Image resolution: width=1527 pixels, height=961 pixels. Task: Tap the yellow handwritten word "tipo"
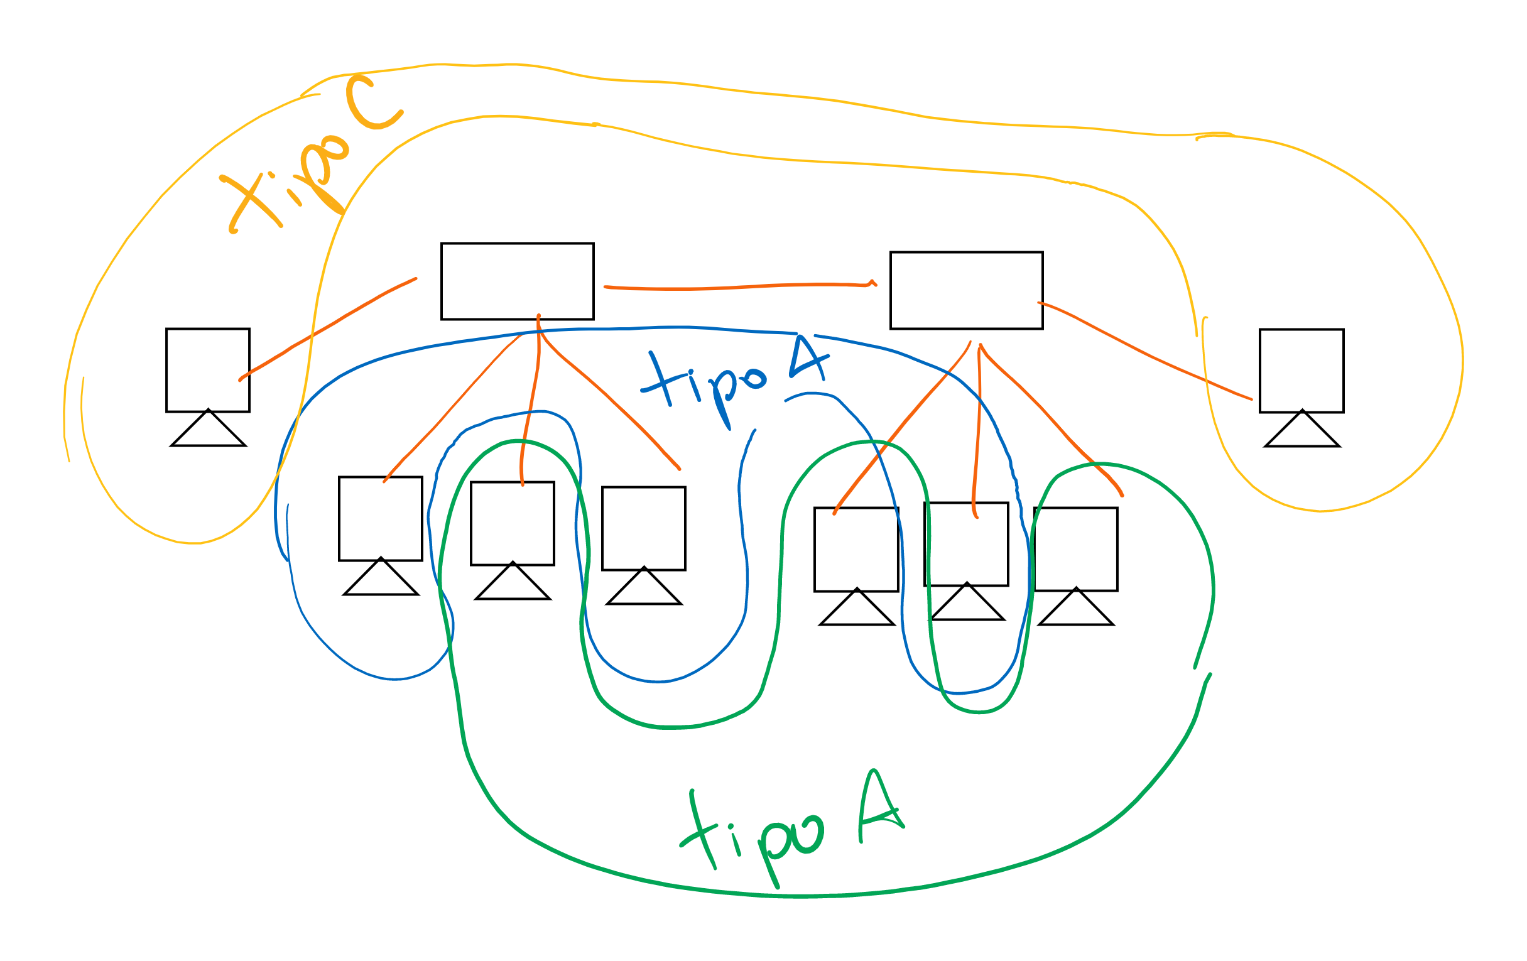click(x=285, y=184)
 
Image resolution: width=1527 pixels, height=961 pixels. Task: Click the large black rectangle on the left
click(x=518, y=281)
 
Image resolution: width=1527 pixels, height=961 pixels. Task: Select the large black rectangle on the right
click(x=967, y=290)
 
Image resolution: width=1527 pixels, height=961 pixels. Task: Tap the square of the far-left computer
click(x=208, y=370)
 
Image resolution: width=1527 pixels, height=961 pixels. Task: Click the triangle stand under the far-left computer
click(x=208, y=433)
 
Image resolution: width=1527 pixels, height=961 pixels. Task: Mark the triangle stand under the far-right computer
click(x=1302, y=433)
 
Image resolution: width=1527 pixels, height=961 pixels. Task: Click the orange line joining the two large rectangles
click(x=736, y=288)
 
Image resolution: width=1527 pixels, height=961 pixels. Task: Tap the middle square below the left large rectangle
click(x=513, y=524)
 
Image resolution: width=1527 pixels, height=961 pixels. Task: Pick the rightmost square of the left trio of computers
click(x=644, y=529)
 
